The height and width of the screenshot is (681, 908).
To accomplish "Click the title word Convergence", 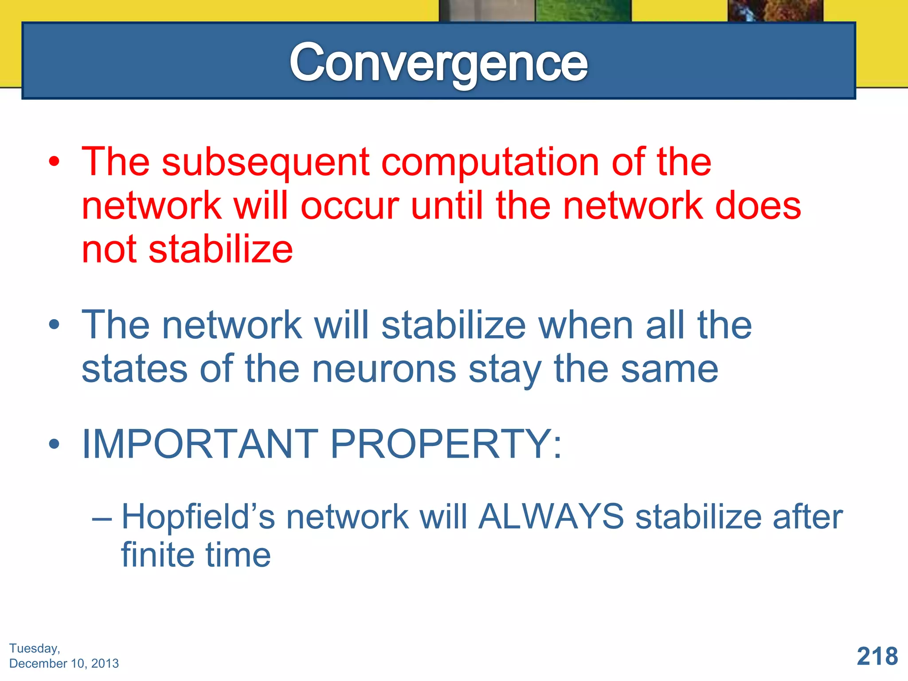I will click(x=438, y=63).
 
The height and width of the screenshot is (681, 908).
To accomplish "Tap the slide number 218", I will click(x=877, y=656).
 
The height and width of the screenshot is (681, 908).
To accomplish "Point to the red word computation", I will click(x=490, y=162).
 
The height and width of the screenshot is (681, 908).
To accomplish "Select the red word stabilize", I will click(x=220, y=249).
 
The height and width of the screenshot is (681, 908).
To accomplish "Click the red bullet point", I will click(x=54, y=162).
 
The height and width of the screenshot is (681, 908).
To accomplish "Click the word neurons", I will click(x=384, y=369).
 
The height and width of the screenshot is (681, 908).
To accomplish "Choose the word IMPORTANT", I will click(x=200, y=444).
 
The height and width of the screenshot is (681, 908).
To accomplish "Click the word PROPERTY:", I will click(x=446, y=444).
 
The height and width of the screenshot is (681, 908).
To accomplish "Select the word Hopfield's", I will click(x=198, y=517).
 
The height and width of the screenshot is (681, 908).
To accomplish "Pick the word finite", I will click(x=158, y=555).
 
